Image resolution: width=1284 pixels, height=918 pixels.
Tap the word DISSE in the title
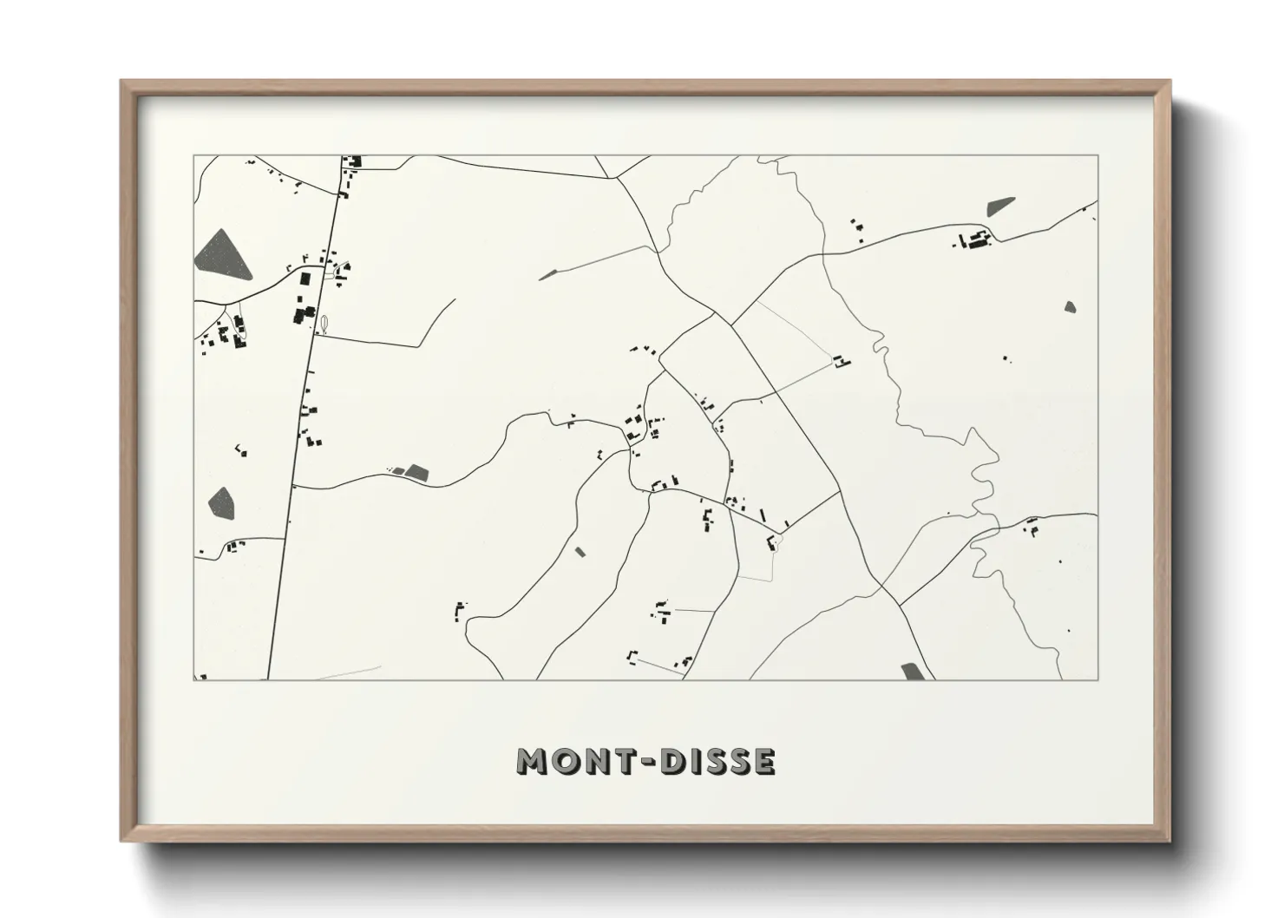717,762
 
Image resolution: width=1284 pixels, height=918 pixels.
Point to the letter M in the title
532,762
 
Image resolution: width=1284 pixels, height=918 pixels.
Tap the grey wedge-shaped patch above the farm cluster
999,207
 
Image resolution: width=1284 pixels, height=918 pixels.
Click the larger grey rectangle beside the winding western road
417,473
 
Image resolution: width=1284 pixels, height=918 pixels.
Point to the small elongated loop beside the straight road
324,324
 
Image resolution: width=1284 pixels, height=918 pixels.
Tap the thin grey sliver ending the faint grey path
547,275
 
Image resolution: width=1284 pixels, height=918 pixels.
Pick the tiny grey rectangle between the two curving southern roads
580,551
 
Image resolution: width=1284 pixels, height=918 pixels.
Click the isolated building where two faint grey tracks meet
839,361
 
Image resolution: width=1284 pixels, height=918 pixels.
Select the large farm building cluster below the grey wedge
973,240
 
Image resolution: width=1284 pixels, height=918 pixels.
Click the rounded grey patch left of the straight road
221,502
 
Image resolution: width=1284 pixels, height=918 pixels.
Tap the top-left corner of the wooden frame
122,82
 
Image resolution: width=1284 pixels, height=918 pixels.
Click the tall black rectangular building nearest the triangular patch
305,279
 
